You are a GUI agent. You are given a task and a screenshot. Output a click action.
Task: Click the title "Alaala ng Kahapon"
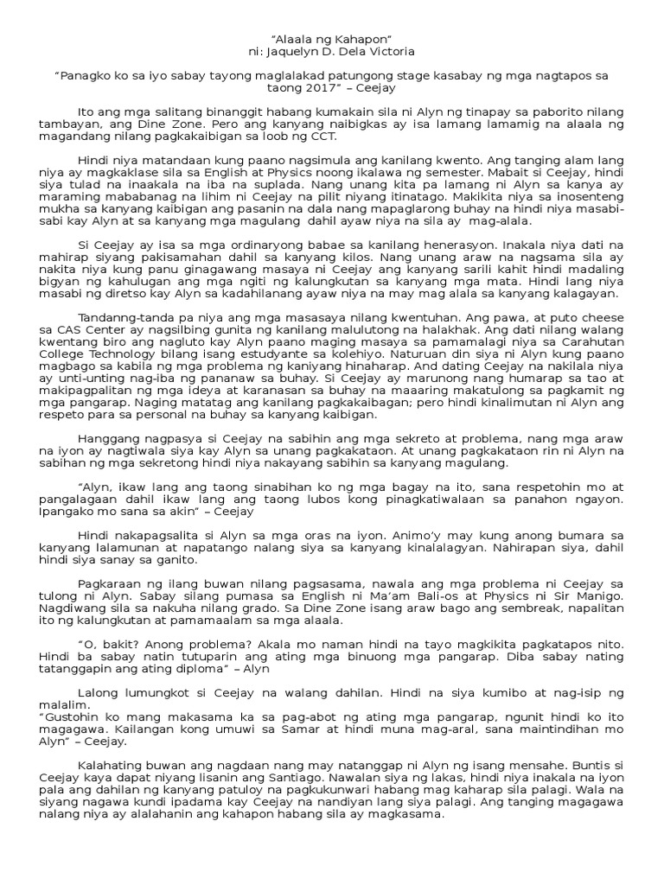pos(332,38)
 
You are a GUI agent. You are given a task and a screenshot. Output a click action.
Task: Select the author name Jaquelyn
pos(304,52)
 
